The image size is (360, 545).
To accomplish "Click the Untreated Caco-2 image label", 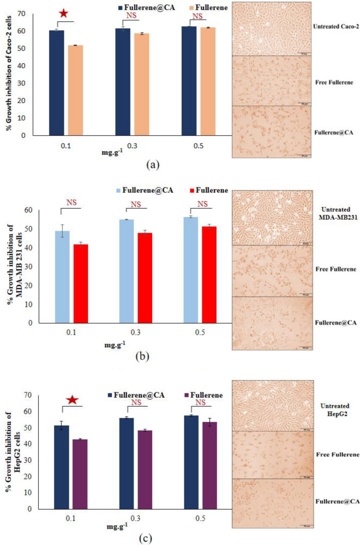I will coord(335,26).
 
